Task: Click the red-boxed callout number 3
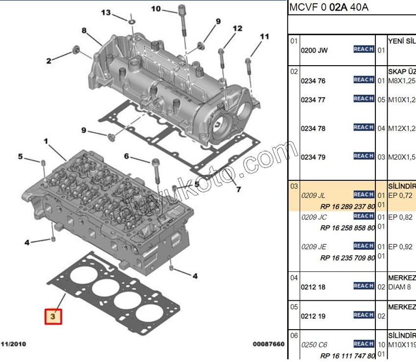[54, 316]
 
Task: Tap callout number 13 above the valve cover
[106, 12]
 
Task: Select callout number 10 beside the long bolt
[156, 8]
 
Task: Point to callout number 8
[84, 30]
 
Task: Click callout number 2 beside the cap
[49, 61]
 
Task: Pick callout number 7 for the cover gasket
[238, 190]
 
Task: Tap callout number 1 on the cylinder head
[46, 141]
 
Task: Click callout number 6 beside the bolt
[126, 156]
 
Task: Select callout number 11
[264, 36]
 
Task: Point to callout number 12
[237, 29]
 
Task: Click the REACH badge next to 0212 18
[364, 286]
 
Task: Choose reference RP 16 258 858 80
[347, 228]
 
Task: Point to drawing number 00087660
[269, 344]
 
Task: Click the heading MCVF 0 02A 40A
[329, 7]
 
